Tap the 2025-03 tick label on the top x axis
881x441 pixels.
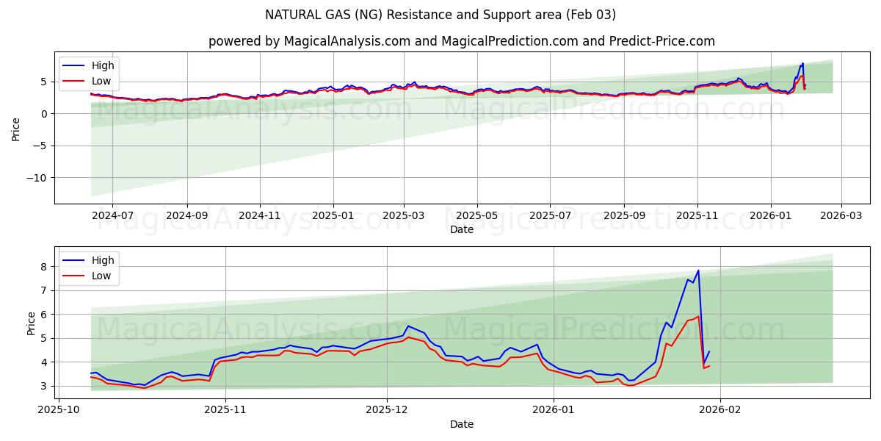point(404,216)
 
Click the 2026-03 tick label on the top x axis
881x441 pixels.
point(841,216)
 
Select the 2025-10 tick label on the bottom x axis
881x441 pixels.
point(59,410)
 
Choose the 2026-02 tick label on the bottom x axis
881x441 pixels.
point(720,410)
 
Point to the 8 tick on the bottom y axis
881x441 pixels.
point(44,266)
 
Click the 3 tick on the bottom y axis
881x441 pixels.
point(44,386)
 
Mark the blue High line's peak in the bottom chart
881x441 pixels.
point(698,270)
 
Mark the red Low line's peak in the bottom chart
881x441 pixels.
point(698,317)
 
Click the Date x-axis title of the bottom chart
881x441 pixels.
point(461,424)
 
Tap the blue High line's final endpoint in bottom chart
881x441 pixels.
point(709,351)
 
